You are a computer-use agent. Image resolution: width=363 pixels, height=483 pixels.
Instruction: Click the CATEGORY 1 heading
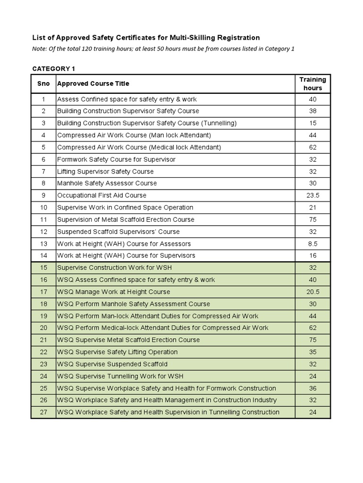(53, 69)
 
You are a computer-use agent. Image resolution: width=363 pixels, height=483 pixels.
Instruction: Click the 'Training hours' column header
(312, 83)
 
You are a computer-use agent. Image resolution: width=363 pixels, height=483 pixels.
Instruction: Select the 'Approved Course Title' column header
(93, 83)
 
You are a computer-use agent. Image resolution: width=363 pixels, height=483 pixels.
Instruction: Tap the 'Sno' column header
(43, 83)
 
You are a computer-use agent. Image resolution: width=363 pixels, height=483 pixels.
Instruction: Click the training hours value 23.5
(312, 195)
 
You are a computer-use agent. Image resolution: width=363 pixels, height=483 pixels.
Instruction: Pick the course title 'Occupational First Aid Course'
(102, 195)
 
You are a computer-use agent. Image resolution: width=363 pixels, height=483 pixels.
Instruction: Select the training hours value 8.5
(312, 244)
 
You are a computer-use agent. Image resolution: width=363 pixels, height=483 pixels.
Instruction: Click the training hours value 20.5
(312, 292)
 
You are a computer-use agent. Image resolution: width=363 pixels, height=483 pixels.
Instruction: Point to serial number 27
(43, 412)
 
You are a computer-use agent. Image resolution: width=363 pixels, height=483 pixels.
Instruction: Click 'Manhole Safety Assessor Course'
(107, 183)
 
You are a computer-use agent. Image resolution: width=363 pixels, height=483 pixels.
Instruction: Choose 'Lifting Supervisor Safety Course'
(105, 171)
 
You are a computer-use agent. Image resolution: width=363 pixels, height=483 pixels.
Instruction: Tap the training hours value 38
(312, 111)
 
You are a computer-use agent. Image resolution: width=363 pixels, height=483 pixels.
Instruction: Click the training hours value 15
(312, 123)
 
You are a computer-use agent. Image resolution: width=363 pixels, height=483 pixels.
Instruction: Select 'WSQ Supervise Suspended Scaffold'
(112, 364)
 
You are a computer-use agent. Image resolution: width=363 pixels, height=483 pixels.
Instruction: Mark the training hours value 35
(312, 352)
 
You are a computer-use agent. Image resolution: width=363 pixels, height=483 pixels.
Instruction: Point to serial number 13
(43, 244)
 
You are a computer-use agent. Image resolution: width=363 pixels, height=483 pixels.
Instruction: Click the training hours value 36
(312, 388)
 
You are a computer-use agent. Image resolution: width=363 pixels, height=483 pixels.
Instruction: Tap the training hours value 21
(312, 208)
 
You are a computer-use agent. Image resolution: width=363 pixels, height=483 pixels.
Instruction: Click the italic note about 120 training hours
(163, 49)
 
